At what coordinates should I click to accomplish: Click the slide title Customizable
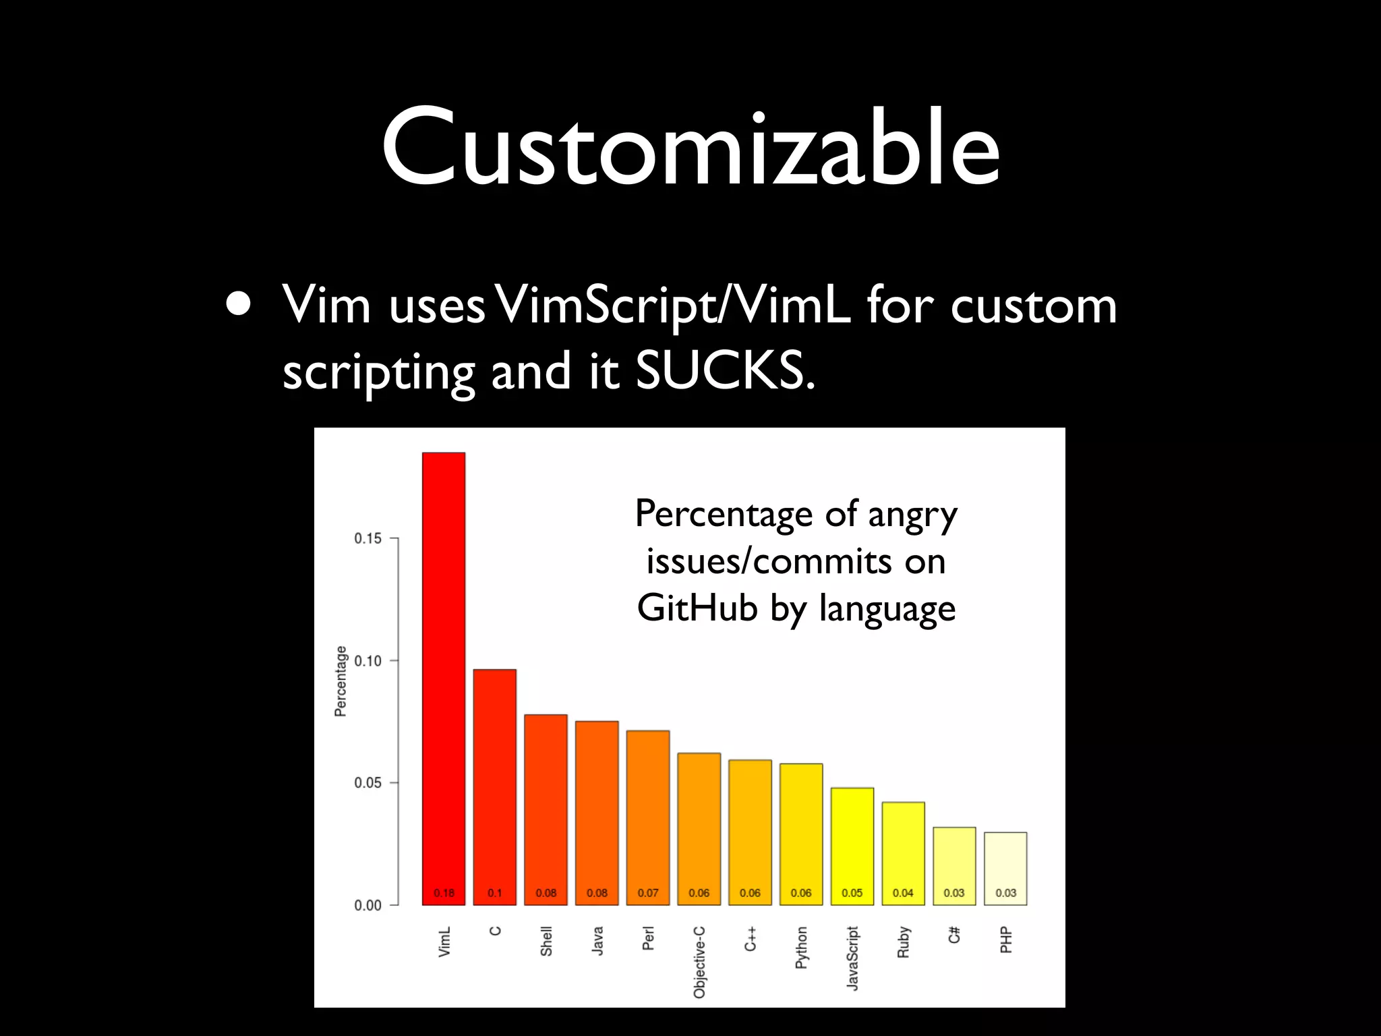[690, 147]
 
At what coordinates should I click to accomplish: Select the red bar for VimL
[444, 674]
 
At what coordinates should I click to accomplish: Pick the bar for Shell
[546, 809]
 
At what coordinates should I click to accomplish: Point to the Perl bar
[648, 816]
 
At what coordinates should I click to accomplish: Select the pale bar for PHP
[1005, 867]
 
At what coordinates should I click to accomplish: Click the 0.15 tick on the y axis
[368, 538]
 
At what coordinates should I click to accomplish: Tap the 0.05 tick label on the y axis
[368, 782]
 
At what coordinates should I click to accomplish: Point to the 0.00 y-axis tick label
[368, 905]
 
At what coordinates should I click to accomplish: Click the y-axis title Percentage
[341, 681]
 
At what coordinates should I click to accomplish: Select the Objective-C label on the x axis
[699, 962]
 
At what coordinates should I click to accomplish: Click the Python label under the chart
[801, 948]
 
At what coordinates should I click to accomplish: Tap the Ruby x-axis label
[904, 942]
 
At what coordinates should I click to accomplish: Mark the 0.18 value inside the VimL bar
[444, 893]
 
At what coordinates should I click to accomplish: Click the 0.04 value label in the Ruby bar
[903, 893]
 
